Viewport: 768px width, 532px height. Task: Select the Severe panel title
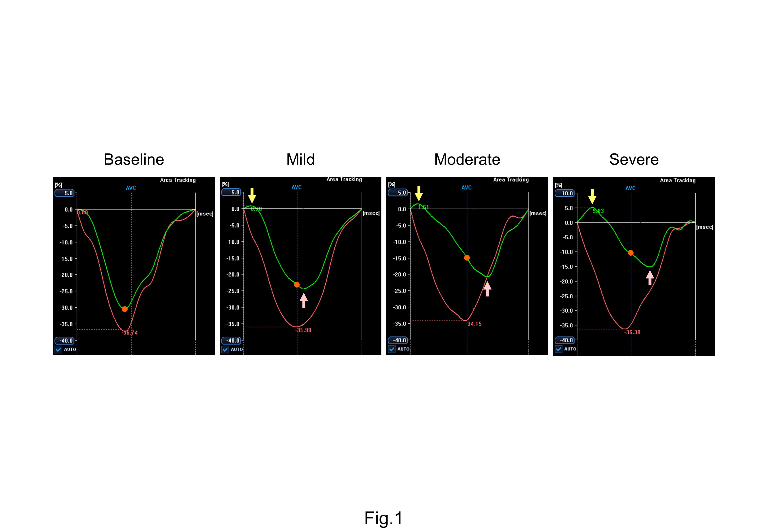[634, 159]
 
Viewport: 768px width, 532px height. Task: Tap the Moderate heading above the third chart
[467, 159]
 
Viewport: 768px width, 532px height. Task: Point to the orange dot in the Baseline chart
[125, 309]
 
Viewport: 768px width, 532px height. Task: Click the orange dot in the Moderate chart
[467, 258]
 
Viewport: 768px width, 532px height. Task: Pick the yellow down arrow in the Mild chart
[252, 195]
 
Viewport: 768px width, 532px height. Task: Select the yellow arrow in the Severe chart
[592, 196]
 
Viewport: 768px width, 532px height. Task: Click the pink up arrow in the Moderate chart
[487, 289]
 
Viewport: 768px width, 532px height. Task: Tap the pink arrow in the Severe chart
[650, 278]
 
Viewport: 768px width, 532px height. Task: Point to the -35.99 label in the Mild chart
[303, 330]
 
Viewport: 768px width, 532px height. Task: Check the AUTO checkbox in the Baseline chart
[59, 349]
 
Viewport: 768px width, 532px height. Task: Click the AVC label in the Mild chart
[296, 187]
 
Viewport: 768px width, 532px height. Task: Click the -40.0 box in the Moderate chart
[398, 340]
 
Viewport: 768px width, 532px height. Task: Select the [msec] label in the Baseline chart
[205, 214]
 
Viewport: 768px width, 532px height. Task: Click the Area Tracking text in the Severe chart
[678, 180]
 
